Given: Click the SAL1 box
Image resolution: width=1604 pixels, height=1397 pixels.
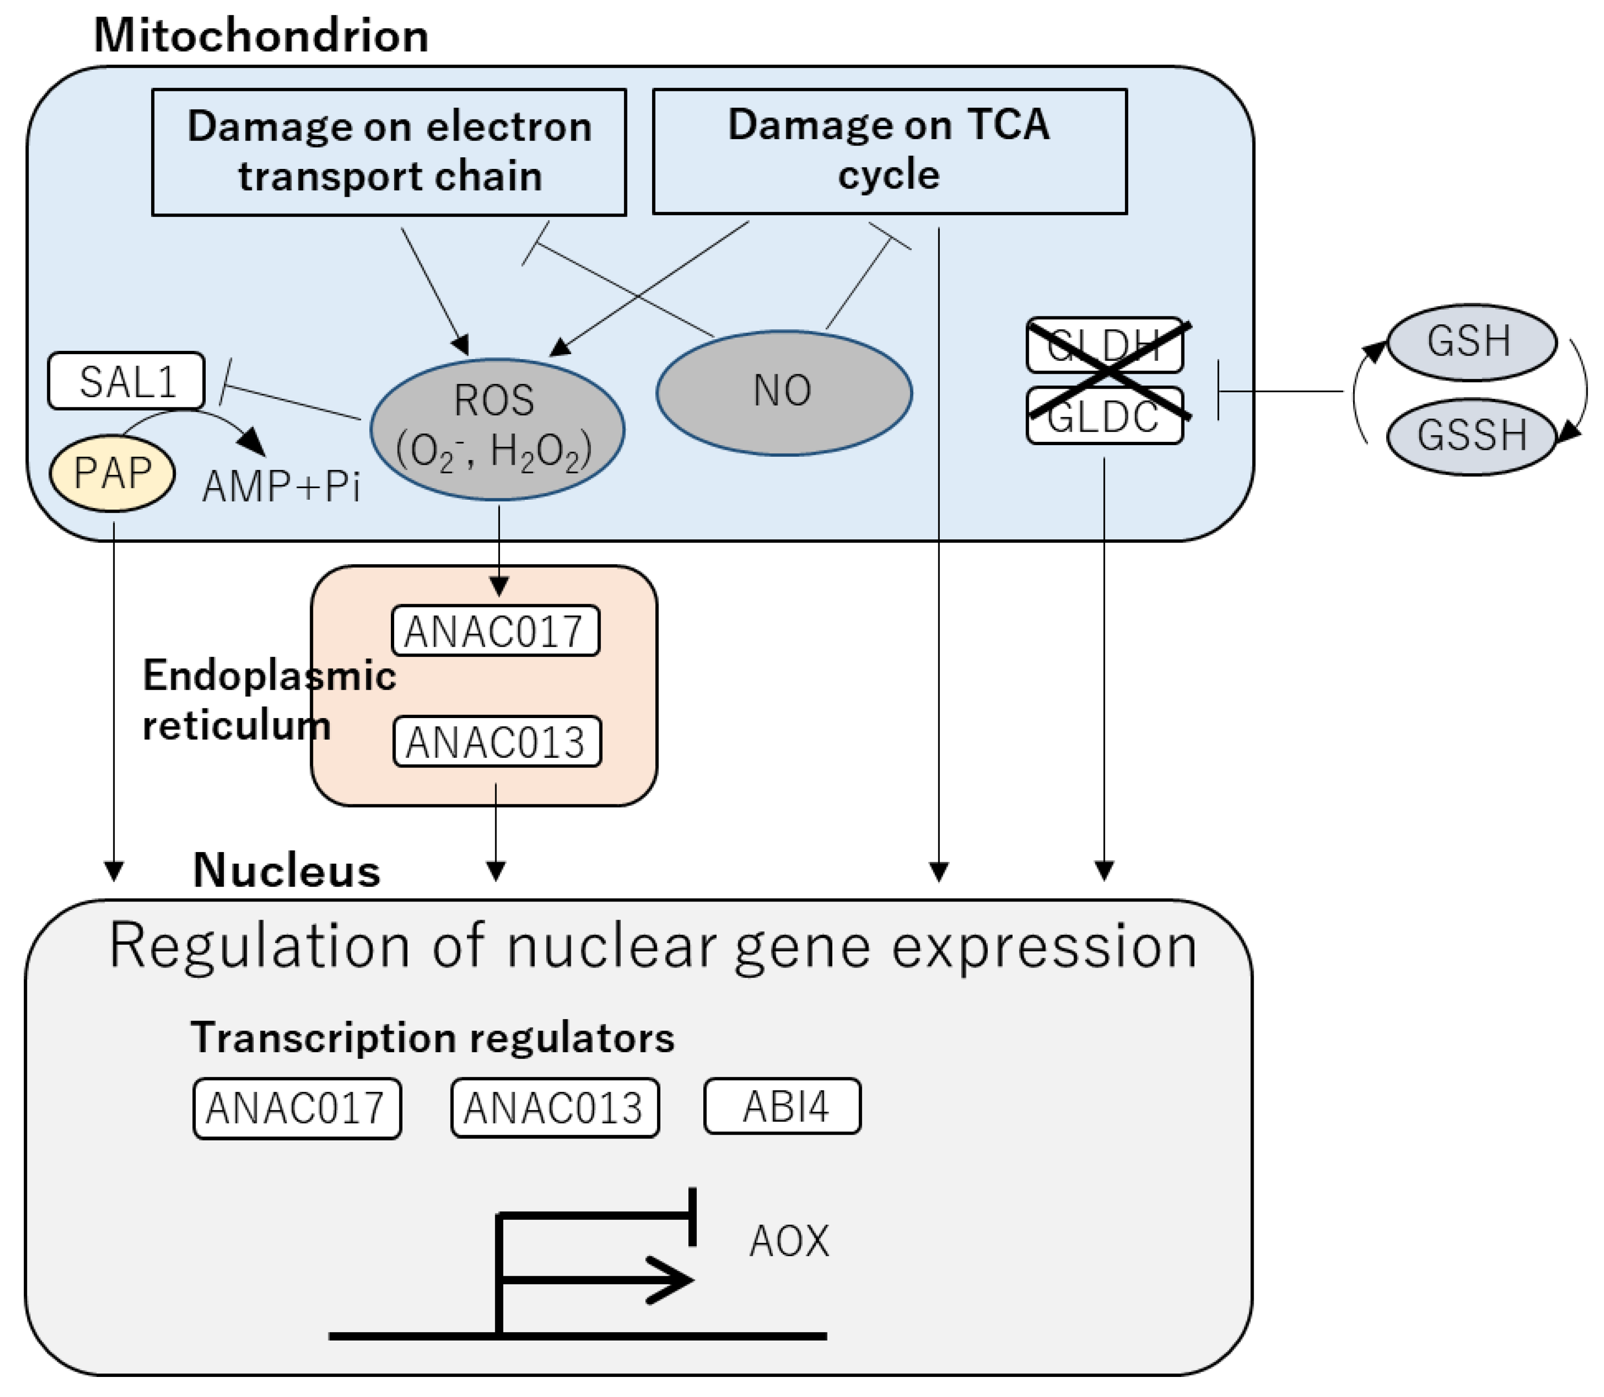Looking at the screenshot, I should tap(126, 381).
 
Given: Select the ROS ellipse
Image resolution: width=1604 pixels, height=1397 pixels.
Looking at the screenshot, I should tap(496, 429).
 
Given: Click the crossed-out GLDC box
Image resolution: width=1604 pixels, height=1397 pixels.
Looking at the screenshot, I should tap(1104, 416).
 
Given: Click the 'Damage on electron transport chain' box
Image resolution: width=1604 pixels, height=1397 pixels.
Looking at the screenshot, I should tap(389, 152).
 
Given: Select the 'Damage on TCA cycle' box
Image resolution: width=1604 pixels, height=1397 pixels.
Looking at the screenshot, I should tap(889, 150).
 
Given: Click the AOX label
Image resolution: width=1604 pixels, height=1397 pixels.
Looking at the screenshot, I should tap(789, 1241).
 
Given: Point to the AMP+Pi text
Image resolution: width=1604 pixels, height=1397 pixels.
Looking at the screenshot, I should tap(281, 487).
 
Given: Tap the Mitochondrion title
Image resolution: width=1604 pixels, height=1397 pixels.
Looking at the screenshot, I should tap(261, 36).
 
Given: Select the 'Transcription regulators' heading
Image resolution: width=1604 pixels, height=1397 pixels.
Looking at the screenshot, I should tap(432, 1038).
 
